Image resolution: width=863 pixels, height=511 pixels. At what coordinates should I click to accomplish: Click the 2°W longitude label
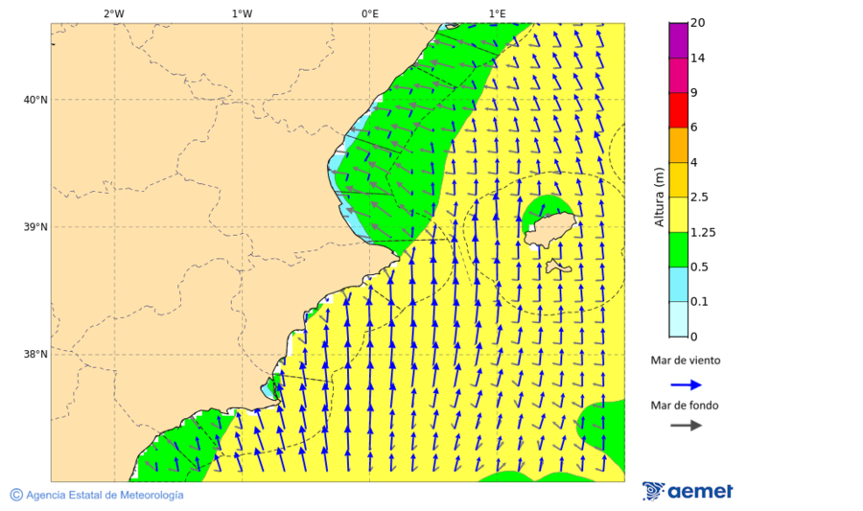tap(113, 13)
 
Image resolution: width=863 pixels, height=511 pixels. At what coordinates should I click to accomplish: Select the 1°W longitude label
tap(242, 13)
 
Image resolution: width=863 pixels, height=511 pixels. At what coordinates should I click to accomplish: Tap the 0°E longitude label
tap(369, 13)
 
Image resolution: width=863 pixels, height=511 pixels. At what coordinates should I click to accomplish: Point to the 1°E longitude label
tap(497, 13)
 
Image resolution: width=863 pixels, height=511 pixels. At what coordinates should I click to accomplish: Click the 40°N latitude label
tap(35, 100)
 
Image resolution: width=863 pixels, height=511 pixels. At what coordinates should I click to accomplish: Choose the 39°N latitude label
tap(35, 227)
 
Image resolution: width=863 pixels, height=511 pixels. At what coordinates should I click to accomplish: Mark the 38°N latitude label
tap(35, 355)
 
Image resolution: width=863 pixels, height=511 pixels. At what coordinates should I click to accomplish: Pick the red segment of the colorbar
tap(678, 109)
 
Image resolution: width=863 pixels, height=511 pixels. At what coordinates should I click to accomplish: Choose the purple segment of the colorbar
tap(678, 39)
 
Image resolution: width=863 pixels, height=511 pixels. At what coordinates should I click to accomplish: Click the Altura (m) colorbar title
tap(659, 197)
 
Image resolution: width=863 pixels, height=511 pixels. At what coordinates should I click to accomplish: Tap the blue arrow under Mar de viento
tap(686, 384)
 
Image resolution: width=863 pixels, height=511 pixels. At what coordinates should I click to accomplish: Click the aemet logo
tap(688, 491)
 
